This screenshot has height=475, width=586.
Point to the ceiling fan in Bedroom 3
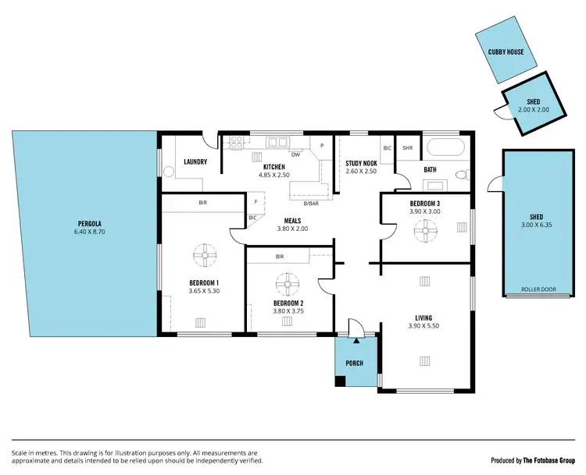(x=426, y=229)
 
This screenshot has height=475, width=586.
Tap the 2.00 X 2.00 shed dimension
(x=534, y=110)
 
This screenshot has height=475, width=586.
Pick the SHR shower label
(x=407, y=147)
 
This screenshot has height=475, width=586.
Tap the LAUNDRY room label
(x=195, y=162)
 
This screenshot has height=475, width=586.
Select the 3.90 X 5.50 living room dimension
(x=423, y=326)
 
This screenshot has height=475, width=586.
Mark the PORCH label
(x=355, y=363)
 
